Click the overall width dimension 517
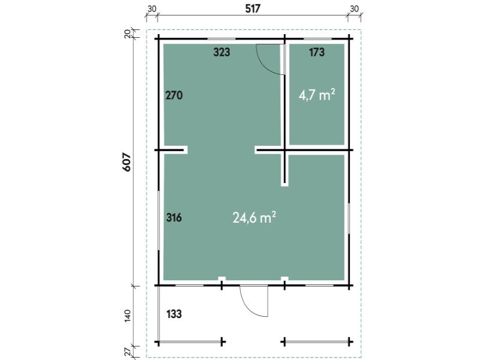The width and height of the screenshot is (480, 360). click(x=253, y=9)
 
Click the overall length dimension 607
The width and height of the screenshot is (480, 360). click(x=127, y=162)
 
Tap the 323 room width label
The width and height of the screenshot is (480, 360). click(x=221, y=52)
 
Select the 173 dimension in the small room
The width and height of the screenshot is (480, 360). click(x=317, y=52)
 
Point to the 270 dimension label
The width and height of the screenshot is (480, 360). click(x=174, y=95)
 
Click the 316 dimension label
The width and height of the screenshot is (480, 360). click(x=174, y=218)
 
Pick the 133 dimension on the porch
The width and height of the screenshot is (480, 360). click(x=174, y=314)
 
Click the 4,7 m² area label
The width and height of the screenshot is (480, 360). click(x=317, y=95)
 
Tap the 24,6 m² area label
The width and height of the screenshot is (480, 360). click(x=254, y=218)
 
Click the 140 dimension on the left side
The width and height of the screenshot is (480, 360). click(x=128, y=316)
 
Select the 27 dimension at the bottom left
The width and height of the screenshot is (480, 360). click(x=128, y=351)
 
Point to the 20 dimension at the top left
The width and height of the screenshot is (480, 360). click(x=128, y=34)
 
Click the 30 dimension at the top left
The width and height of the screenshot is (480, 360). click(x=152, y=9)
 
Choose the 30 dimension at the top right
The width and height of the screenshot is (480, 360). click(x=354, y=9)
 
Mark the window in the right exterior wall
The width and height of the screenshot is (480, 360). click(x=349, y=218)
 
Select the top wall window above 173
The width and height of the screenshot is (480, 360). click(x=317, y=39)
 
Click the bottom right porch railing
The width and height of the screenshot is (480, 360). click(x=317, y=341)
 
